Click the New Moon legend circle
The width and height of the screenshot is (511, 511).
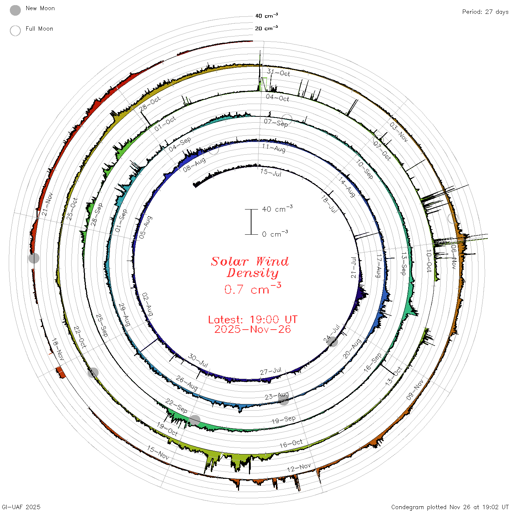coord(15,10)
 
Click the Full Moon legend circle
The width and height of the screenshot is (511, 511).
coord(15,31)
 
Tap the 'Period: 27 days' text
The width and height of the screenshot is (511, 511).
coord(485,12)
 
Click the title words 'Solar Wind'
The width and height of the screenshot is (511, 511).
coord(250,261)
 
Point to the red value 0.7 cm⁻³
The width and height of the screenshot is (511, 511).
coord(253,289)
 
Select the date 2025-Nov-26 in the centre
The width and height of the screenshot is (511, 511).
coord(253,329)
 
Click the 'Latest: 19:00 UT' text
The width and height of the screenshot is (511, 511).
coord(253,319)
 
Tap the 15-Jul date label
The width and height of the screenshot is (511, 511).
coord(271,172)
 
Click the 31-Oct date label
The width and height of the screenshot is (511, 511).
coord(278,72)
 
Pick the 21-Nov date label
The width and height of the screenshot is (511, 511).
coord(47,204)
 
